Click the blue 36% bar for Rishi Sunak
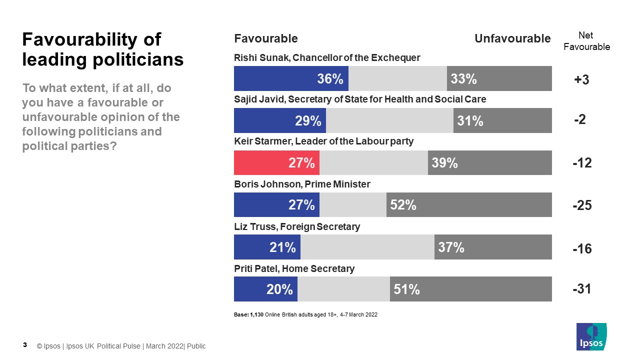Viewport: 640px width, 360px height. tap(291, 78)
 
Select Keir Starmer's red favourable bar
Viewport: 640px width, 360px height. tap(276, 162)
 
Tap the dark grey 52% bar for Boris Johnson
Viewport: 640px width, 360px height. tap(469, 204)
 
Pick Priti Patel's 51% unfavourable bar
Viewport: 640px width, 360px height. tap(470, 289)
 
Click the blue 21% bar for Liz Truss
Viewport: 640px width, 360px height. tap(267, 247)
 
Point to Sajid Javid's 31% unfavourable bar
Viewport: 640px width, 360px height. tap(502, 120)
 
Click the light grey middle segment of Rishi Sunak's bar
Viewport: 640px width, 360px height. tap(397, 78)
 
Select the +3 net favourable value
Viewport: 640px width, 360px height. tap(582, 79)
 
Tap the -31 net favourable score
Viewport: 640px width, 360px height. tap(582, 289)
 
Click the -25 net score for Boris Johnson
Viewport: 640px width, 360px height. tap(582, 205)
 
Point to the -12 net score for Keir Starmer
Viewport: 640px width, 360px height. tap(582, 163)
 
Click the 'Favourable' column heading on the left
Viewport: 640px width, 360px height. tap(266, 38)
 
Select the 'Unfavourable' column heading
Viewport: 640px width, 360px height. tap(512, 38)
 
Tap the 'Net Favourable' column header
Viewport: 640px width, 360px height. tap(586, 41)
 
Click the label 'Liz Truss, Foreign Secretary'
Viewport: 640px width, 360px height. tap(297, 226)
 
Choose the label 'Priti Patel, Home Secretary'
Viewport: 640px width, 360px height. tap(294, 268)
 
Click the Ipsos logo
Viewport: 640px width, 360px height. tap(591, 336)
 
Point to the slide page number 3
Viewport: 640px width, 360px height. tap(25, 345)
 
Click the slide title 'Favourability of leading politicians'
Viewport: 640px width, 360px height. tap(103, 49)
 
